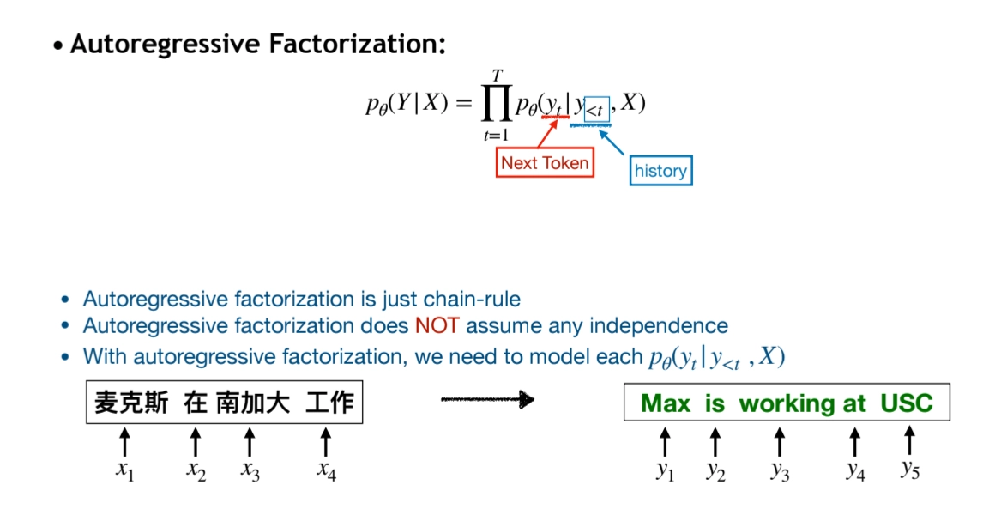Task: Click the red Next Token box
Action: (x=545, y=163)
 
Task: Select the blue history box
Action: (x=660, y=171)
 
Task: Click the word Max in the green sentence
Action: (x=666, y=403)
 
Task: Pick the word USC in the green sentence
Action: (x=907, y=403)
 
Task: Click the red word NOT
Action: (x=437, y=326)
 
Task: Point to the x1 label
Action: (x=125, y=470)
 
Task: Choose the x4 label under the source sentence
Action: (x=326, y=470)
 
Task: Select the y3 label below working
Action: (x=780, y=470)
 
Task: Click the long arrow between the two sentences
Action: (x=487, y=399)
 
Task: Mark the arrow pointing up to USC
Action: (x=910, y=440)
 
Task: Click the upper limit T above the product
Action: (x=497, y=76)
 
